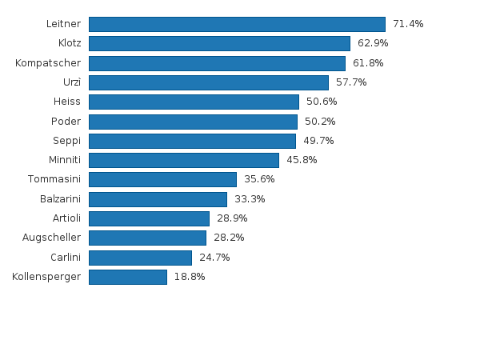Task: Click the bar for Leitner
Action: pos(238,24)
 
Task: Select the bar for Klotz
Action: pos(219,43)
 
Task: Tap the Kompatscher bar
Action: pos(218,63)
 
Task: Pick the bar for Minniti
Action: pos(184,161)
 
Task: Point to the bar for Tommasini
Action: pos(163,179)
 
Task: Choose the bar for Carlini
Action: pos(141,258)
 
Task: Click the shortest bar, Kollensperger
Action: pos(128,277)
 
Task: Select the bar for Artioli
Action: pos(149,218)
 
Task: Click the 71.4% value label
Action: pos(408,24)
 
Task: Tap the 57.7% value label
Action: pos(351,82)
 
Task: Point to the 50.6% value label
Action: pos(322,102)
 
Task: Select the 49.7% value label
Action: pos(318,141)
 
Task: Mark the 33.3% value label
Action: pos(250,199)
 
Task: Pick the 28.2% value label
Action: pos(229,238)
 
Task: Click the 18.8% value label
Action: pos(190,277)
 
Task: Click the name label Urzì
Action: pos(72,82)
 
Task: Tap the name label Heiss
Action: pos(67,102)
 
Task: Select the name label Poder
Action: pos(66,122)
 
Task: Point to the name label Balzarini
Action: pos(60,199)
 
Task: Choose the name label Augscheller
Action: pos(51,238)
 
